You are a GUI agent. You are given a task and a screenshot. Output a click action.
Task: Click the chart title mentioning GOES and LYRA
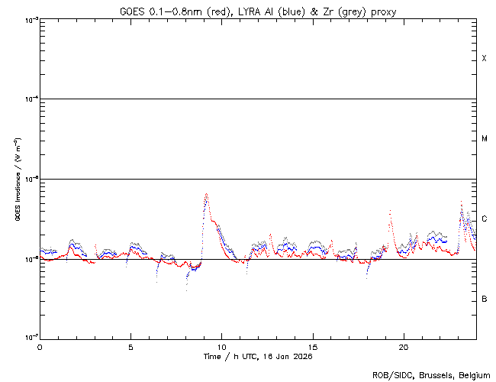click(x=257, y=11)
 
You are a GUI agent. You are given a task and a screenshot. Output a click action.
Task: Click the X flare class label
click(x=484, y=59)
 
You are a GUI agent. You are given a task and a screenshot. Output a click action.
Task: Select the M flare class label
click(x=484, y=139)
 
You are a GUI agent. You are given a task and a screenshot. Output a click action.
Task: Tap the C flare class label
click(x=484, y=219)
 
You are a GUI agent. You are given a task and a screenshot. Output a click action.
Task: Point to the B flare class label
click(x=484, y=299)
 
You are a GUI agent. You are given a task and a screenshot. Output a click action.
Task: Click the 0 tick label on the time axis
click(x=40, y=347)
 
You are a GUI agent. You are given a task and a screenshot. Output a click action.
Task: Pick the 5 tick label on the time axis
click(x=130, y=347)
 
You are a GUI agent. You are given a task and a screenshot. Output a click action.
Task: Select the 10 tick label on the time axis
click(x=221, y=347)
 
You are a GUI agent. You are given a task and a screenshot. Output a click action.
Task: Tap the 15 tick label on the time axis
click(x=312, y=347)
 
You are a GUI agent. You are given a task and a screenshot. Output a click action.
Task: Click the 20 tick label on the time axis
click(x=403, y=347)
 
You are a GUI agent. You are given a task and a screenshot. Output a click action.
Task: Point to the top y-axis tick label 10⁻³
click(x=29, y=19)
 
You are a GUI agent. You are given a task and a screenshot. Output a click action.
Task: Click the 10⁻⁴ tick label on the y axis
click(x=29, y=99)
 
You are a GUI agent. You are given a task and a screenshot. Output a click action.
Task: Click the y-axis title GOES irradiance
click(x=17, y=179)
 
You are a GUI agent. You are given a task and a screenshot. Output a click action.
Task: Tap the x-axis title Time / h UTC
click(x=257, y=357)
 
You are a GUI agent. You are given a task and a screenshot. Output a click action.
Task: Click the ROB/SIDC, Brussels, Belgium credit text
click(x=432, y=374)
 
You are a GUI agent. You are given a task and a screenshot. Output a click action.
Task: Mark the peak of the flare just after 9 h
click(x=206, y=194)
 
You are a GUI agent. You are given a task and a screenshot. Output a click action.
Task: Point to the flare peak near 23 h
click(x=461, y=202)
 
